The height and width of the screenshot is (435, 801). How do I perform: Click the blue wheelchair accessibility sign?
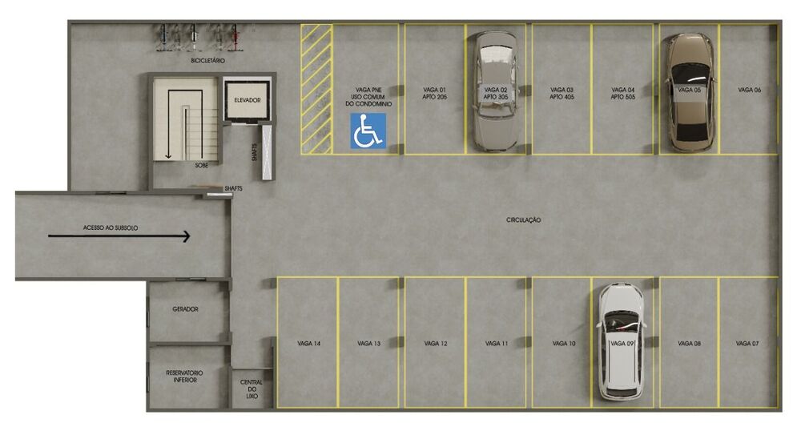click(x=368, y=131)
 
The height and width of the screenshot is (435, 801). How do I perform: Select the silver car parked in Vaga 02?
click(x=494, y=91)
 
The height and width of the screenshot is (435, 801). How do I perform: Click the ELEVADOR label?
click(x=248, y=99)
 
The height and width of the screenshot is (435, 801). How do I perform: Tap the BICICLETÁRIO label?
click(x=207, y=61)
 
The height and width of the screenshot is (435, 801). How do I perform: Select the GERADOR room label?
click(x=185, y=309)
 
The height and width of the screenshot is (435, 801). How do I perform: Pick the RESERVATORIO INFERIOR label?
click(x=185, y=377)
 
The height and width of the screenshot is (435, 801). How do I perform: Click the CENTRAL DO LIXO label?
click(x=252, y=389)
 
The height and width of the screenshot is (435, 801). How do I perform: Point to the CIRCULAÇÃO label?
click(x=524, y=220)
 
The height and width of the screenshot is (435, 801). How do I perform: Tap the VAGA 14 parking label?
click(x=309, y=344)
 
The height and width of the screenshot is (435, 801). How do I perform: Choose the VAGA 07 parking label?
click(x=747, y=344)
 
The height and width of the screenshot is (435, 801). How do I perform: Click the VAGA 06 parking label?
click(x=749, y=91)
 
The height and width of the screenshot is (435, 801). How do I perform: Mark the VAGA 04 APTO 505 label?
click(x=622, y=93)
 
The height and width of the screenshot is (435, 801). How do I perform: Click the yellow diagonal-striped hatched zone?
click(x=316, y=88)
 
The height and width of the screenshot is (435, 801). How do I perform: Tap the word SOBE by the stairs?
click(x=201, y=165)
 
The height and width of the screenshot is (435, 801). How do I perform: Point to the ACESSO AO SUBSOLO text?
click(x=111, y=228)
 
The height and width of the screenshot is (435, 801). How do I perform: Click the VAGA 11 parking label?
click(x=497, y=344)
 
